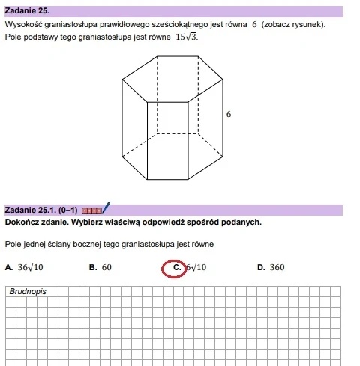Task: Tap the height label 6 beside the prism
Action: coord(229,115)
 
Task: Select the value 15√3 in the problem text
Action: coord(187,37)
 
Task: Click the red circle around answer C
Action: coord(174,267)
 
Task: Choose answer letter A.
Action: coord(7,267)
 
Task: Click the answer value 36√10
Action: coord(31,266)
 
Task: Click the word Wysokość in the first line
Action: coord(22,25)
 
